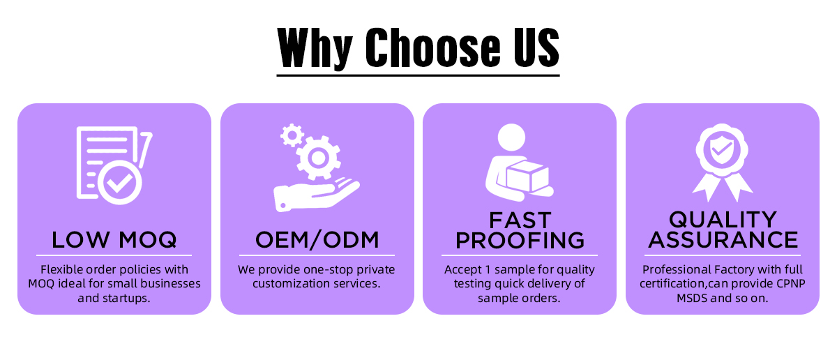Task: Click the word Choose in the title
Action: [x=432, y=47]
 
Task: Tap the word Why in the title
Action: [x=315, y=49]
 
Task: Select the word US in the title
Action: [x=536, y=47]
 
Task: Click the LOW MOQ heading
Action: [x=114, y=239]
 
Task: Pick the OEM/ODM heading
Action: [x=317, y=239]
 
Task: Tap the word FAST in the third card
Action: [x=520, y=220]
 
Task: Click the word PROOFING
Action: [x=520, y=241]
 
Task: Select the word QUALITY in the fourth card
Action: [x=723, y=220]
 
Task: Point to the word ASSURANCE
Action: [x=723, y=239]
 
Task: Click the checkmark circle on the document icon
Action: [x=119, y=182]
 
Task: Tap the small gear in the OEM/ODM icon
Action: [x=292, y=135]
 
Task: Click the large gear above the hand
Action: [x=318, y=158]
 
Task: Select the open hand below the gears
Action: [x=316, y=195]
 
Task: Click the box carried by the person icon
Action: [x=527, y=176]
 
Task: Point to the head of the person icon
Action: [x=511, y=137]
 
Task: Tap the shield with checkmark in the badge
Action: [x=722, y=150]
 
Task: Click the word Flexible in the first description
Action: [x=62, y=269]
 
